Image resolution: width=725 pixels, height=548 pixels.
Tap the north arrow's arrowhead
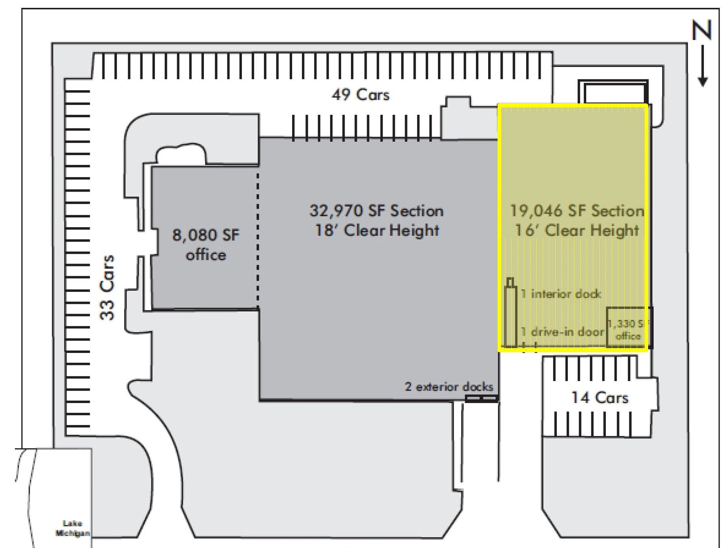coord(703,81)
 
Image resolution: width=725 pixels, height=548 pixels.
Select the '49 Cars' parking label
coord(360,95)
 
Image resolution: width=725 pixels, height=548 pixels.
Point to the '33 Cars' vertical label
coord(107,287)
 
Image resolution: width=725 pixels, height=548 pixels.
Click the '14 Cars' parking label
coord(600,398)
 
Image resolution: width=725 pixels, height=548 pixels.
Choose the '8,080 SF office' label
coord(206,245)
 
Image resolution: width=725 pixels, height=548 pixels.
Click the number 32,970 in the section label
coord(336,211)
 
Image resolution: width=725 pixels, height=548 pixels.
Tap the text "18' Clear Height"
coord(377,230)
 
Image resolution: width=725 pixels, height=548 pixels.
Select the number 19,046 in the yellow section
coord(536,211)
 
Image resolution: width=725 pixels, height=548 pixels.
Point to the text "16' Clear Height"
coord(577,230)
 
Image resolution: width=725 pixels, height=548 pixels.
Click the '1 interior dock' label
coord(561,294)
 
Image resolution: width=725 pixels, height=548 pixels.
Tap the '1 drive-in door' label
coord(562,332)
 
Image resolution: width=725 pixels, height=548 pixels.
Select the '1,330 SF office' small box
coord(630,327)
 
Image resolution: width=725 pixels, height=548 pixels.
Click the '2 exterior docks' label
coord(449,387)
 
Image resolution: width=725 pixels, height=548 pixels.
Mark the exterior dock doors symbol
coord(482,398)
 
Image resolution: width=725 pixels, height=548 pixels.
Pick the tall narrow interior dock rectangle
coord(511,317)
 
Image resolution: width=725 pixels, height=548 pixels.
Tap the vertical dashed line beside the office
coord(258,239)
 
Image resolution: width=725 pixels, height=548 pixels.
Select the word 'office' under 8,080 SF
coord(206,255)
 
